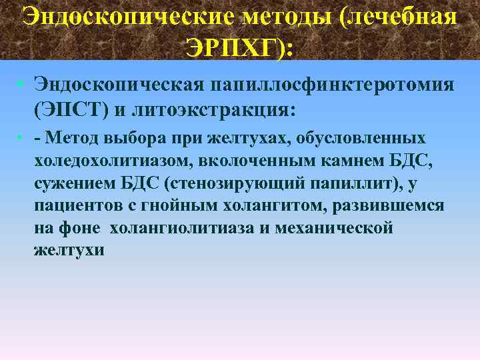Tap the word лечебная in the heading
pos(399,15)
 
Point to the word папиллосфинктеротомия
pos(334,86)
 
